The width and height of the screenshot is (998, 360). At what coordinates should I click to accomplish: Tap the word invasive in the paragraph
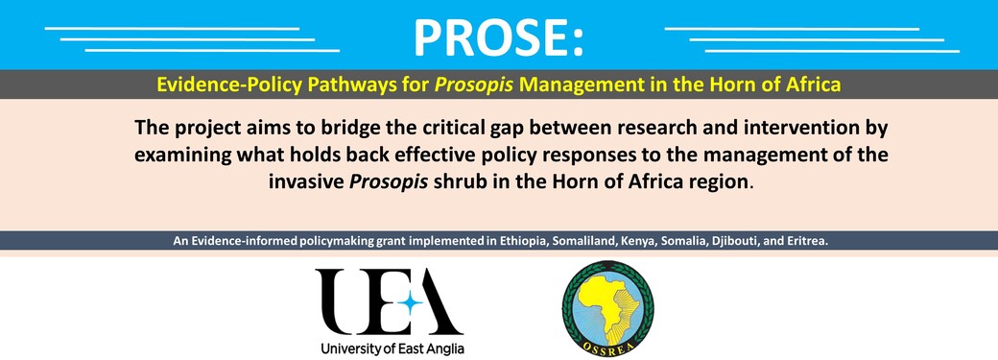click(x=307, y=182)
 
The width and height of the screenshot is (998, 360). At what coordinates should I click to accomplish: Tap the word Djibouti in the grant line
click(x=726, y=242)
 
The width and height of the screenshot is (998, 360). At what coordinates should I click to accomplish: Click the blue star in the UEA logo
click(x=411, y=303)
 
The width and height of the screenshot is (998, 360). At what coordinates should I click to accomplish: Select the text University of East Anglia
click(x=392, y=348)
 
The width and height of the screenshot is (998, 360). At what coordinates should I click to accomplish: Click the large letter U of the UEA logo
click(x=345, y=301)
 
